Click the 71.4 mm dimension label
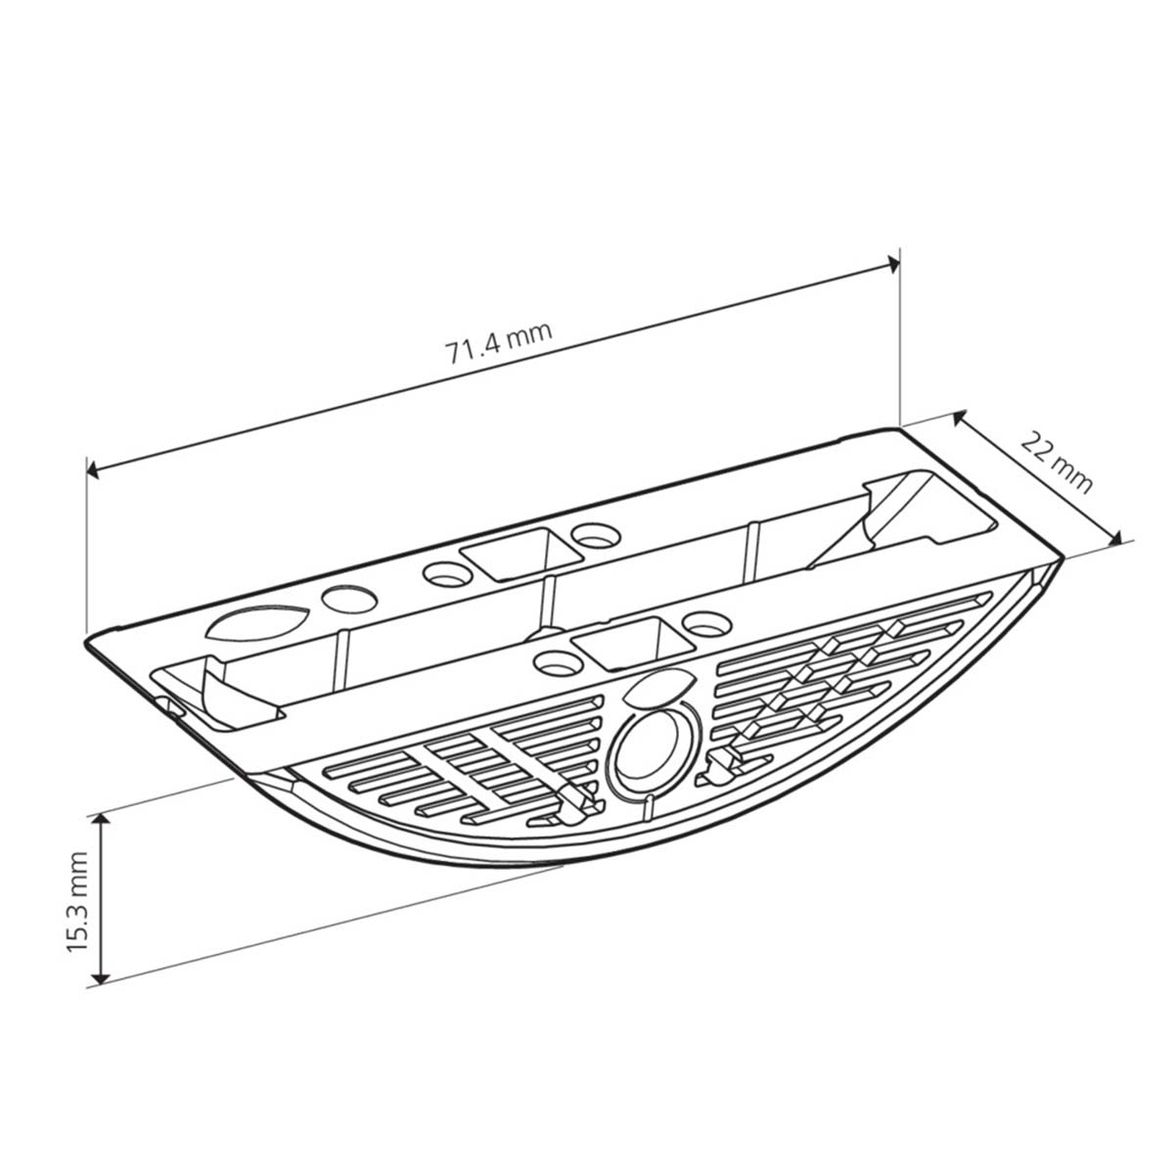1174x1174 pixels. tap(499, 343)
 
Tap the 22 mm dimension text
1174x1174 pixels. tap(1057, 462)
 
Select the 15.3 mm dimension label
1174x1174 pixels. tap(77, 902)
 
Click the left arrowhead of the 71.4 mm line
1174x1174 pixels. tap(93, 470)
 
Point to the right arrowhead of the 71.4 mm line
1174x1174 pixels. tap(892, 263)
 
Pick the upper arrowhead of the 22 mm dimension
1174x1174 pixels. tap(959, 418)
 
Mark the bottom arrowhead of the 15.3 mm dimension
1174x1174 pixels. tap(102, 977)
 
